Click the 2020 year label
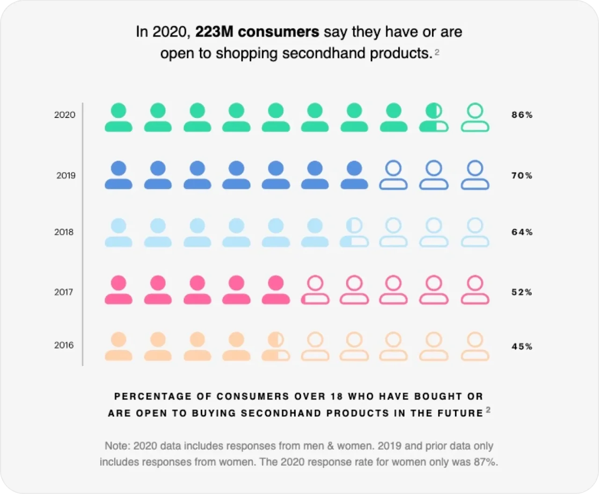[65, 115]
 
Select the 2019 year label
[66, 175]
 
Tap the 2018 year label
[64, 232]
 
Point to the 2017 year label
[64, 292]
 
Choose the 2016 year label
[64, 345]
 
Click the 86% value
[522, 115]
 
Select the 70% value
[522, 176]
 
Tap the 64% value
[522, 232]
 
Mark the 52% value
[522, 292]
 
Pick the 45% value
[522, 347]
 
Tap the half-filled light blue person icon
[355, 232]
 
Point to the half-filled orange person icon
[276, 347]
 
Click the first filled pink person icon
[118, 290]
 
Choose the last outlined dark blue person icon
[475, 175]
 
